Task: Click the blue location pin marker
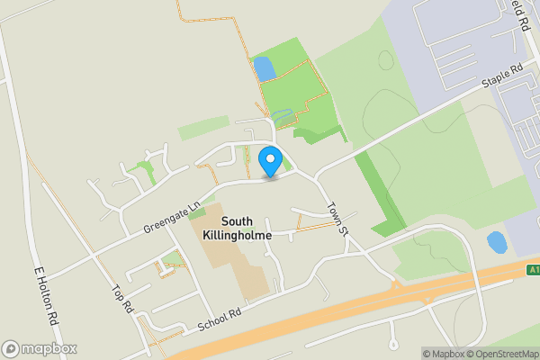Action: (x=269, y=161)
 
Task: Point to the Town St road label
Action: (x=337, y=218)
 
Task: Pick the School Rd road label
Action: (x=220, y=314)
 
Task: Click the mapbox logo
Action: (x=40, y=349)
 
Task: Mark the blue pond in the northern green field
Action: (x=265, y=68)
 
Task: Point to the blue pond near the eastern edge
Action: (x=496, y=242)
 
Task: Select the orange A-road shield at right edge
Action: (x=533, y=268)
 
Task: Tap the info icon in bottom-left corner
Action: (x=11, y=349)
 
